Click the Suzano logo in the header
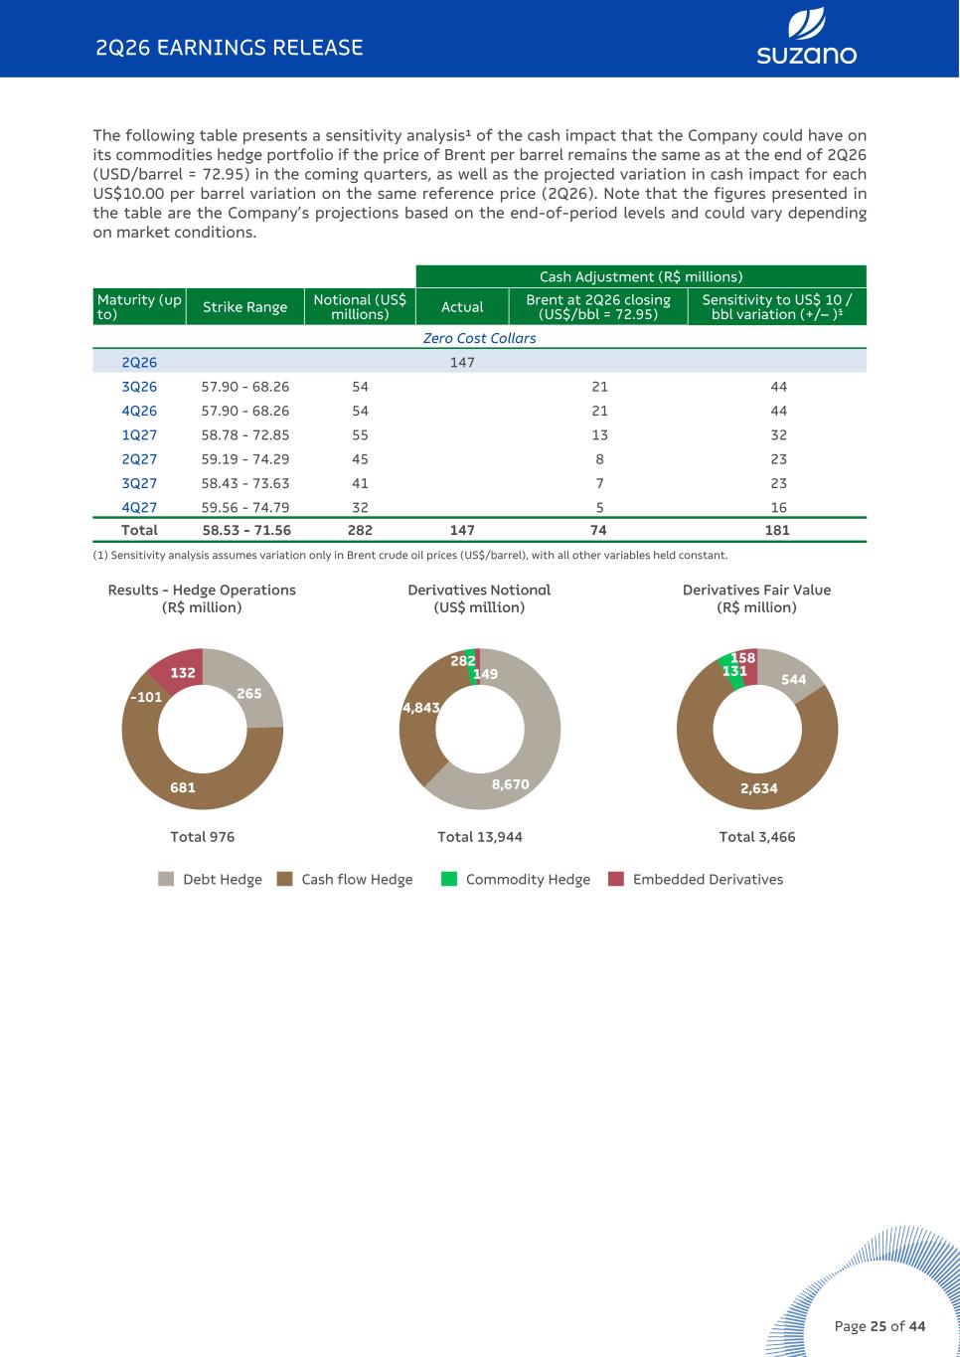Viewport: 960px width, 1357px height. click(x=806, y=37)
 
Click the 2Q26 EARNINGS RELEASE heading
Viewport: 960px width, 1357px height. click(x=230, y=48)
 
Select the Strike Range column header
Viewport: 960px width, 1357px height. click(x=244, y=307)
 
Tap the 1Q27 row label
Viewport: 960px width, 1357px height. click(x=139, y=435)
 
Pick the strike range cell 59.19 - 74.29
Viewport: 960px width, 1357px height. click(x=245, y=459)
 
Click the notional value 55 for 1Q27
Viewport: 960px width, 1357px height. click(x=360, y=435)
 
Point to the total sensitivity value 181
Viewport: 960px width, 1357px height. click(x=777, y=530)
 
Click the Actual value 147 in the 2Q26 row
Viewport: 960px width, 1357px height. click(x=462, y=362)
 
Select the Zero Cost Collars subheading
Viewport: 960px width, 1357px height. click(x=480, y=338)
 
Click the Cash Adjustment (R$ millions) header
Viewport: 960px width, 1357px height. click(x=641, y=276)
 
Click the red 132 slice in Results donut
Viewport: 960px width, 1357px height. click(x=179, y=669)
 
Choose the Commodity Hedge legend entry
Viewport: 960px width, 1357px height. click(x=516, y=879)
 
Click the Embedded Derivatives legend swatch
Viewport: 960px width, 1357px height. click(x=616, y=879)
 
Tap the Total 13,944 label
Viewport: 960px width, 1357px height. click(x=480, y=837)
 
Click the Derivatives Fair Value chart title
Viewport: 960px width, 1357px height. click(x=756, y=598)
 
